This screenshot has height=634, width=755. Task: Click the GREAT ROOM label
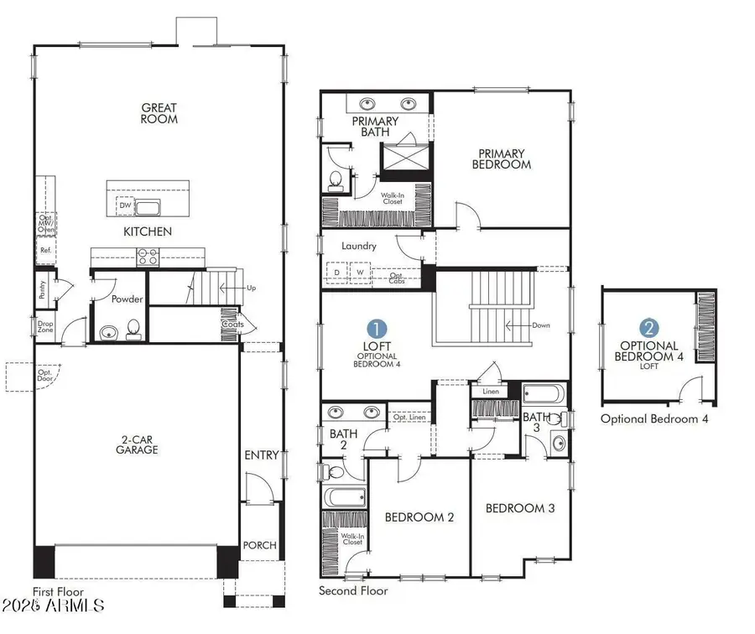pos(159,112)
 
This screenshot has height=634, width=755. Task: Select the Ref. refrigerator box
pos(45,250)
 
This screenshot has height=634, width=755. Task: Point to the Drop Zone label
pos(44,326)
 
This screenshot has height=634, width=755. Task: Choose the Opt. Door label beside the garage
pos(44,377)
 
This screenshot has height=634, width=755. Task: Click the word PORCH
pos(260,545)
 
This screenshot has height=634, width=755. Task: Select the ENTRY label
pos(261,455)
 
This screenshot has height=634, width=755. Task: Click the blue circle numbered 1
pos(378,328)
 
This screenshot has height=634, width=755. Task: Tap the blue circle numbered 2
pos(648,328)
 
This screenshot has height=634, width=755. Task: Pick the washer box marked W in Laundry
pos(359,273)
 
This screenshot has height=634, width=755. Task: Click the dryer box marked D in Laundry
pos(336,273)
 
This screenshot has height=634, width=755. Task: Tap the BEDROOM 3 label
pos(520,508)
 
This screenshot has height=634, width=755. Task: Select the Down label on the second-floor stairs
pos(540,325)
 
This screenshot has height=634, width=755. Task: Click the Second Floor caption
pos(353,590)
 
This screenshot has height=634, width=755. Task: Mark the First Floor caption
pos(57,590)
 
